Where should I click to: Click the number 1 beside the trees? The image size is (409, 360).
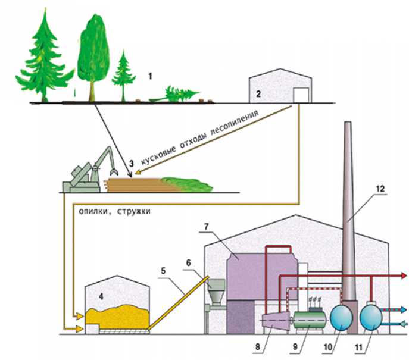point(151,76)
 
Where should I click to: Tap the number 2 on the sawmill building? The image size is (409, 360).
point(258,93)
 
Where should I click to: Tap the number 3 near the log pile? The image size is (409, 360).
point(130,162)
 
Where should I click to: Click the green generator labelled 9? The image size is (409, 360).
point(308,322)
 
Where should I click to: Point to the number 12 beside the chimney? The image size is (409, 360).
point(380,189)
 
